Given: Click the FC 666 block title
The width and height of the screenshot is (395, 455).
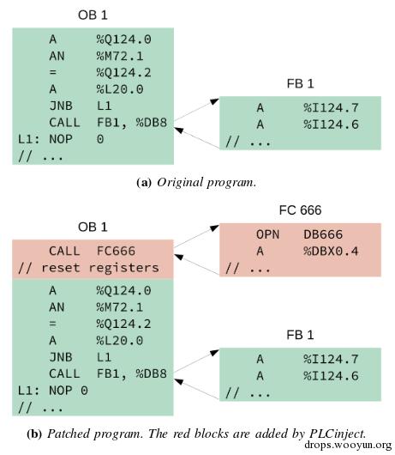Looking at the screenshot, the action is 300,209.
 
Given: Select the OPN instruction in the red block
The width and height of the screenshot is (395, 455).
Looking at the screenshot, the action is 267,234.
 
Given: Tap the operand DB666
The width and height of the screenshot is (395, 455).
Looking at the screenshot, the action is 323,234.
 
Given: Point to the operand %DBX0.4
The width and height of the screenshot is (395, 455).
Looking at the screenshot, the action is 331,251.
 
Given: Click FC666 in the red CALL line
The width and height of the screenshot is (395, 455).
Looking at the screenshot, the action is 116,251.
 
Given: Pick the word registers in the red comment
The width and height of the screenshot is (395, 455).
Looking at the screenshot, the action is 123,268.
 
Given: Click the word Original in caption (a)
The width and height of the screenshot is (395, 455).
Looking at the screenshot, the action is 180,183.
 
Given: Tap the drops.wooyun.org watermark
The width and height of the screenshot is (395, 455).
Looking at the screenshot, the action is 348,446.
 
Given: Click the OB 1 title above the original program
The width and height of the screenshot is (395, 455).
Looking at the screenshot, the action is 93,15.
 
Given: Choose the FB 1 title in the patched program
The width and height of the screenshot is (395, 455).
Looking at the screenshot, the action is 300,335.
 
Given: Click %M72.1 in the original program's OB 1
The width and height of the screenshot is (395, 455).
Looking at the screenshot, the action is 120,56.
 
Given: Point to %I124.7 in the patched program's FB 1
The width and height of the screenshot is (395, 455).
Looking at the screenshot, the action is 331,359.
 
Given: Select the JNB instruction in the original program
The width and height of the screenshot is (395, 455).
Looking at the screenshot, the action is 61,106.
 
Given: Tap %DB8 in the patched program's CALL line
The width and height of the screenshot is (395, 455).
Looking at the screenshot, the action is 151,373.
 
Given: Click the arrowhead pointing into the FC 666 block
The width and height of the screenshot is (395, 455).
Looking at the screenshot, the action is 215,227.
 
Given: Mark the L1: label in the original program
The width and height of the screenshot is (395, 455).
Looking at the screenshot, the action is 28,139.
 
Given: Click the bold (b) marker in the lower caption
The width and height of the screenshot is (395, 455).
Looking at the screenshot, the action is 34,434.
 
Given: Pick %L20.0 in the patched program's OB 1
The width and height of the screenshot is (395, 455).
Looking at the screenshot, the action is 120,341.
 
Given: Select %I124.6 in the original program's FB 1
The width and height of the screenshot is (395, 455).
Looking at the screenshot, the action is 331,124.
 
